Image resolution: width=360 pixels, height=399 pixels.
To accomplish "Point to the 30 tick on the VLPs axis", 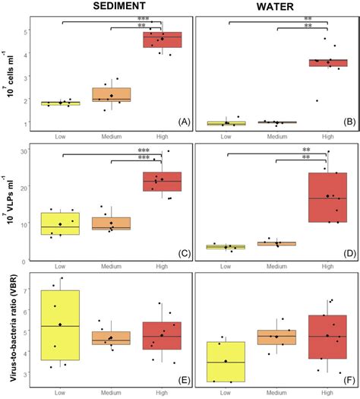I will (24, 151).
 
